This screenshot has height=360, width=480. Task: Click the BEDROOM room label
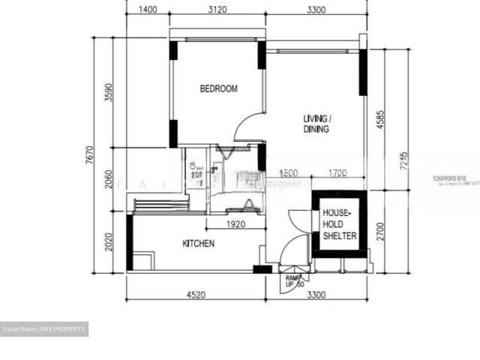tap(218, 88)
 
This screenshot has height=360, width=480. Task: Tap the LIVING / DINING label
tap(316, 124)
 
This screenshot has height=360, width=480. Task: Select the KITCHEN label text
tap(199, 244)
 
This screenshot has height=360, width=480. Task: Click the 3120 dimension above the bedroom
tap(217, 10)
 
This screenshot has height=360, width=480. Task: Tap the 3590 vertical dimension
tap(109, 92)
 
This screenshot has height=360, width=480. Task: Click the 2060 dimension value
tap(109, 179)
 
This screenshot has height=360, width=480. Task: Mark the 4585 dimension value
tap(380, 120)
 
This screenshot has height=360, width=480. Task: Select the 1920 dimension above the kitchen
tap(235, 224)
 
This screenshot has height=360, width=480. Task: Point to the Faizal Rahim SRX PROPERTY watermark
tap(44, 329)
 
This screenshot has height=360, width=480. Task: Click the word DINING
tap(316, 129)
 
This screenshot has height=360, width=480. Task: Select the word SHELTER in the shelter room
tap(339, 236)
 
